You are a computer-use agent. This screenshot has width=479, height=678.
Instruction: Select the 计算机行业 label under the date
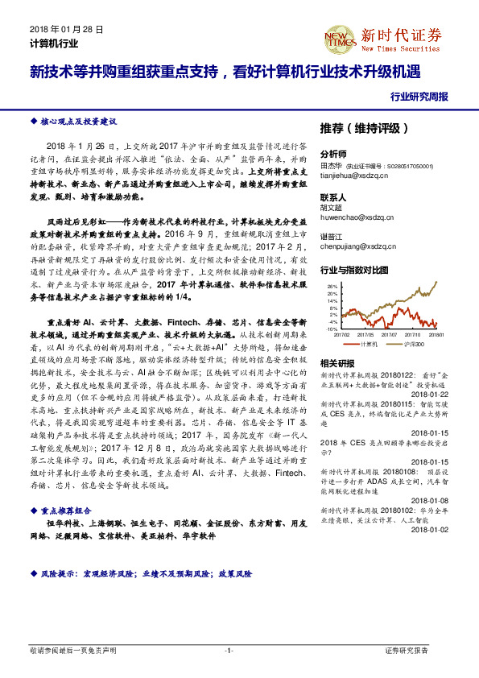(54, 43)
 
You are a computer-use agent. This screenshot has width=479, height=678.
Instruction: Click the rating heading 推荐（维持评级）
(365, 128)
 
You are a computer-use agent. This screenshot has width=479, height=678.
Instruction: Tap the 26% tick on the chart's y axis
(332, 286)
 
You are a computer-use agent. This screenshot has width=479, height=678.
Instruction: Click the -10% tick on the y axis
(332, 329)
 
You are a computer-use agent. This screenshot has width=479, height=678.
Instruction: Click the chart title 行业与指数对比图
(354, 269)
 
